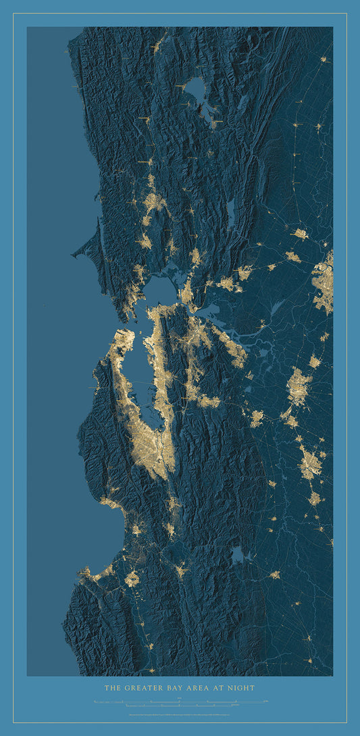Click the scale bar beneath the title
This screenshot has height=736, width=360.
[180, 703]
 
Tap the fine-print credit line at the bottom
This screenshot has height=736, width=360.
[180, 714]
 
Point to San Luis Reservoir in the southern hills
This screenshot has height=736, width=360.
[237, 556]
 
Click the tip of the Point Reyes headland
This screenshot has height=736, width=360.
[74, 255]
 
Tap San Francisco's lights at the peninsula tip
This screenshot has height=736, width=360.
[122, 338]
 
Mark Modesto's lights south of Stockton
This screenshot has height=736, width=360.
[310, 463]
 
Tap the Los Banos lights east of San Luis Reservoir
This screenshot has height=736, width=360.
[274, 574]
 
